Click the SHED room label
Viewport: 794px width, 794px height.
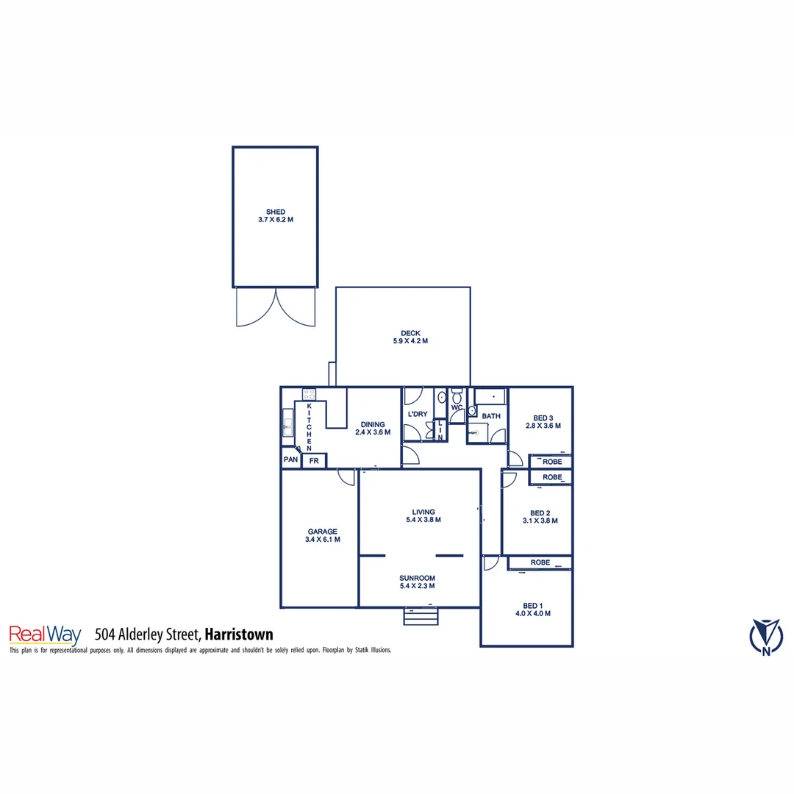[x=276, y=212]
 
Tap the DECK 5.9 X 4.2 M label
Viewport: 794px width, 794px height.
[x=409, y=333]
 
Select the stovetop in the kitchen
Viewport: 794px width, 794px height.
[x=310, y=394]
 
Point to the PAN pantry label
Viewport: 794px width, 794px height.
[x=290, y=461]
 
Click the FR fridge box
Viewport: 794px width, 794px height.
[x=314, y=461]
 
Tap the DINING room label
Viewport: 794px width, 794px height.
[x=372, y=424]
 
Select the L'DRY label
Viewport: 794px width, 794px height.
[x=417, y=415]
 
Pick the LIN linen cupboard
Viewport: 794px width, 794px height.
[x=440, y=429]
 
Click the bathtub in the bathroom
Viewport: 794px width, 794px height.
[x=490, y=397]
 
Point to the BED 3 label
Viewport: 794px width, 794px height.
[x=543, y=418]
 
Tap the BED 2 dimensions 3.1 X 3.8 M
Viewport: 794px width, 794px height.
[x=540, y=521]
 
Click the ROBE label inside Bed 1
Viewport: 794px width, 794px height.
[x=540, y=562]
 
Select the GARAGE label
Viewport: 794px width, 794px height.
[x=322, y=532]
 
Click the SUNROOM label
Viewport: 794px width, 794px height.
[x=417, y=578]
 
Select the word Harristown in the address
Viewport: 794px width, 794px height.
[x=238, y=634]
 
